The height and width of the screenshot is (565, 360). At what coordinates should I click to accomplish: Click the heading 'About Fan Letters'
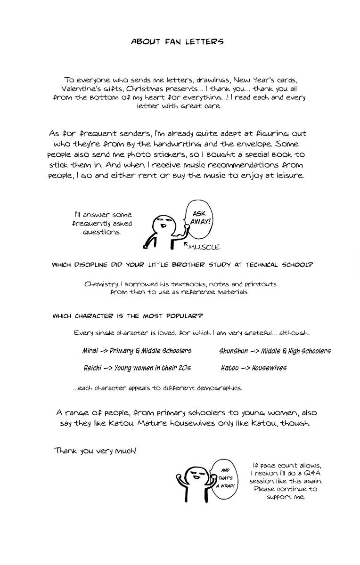(177, 42)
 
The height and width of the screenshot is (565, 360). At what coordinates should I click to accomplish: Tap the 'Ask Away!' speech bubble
(200, 218)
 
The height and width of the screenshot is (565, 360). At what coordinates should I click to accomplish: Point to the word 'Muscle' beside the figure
(204, 247)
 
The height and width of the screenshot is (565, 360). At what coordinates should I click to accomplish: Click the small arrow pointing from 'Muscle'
(186, 244)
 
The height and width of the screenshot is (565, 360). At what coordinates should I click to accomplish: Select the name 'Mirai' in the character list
(90, 351)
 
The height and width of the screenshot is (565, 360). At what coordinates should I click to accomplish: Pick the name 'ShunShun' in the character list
(233, 351)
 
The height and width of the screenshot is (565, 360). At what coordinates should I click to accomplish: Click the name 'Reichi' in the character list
(92, 368)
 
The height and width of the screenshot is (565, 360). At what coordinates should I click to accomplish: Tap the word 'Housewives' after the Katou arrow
(269, 368)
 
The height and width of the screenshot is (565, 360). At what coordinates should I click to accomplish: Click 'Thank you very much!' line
(96, 451)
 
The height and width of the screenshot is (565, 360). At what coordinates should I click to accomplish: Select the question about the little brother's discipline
(182, 265)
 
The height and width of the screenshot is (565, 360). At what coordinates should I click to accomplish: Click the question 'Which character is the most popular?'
(128, 316)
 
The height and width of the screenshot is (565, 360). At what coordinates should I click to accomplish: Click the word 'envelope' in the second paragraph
(254, 144)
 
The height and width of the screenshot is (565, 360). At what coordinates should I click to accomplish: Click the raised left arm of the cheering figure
(180, 481)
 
